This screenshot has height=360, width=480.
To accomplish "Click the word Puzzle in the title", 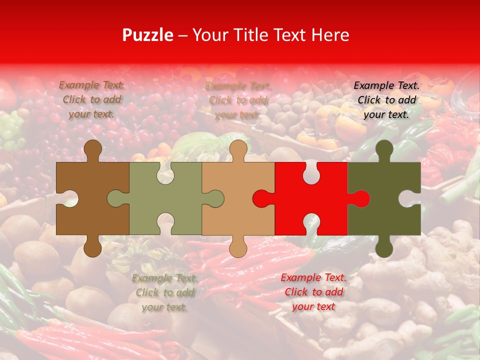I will (x=148, y=35).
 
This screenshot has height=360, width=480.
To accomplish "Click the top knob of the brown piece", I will (x=92, y=148).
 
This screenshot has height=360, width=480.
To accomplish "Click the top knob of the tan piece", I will (x=238, y=148).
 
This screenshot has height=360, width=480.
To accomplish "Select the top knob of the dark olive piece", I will (x=384, y=148).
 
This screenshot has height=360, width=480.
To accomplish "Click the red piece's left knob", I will (x=261, y=198).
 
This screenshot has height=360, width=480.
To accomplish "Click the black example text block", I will (x=386, y=100).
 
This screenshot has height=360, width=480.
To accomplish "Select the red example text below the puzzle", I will (x=313, y=292).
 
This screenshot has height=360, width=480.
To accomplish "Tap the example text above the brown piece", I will (x=91, y=99).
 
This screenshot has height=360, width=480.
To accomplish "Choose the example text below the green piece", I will (x=164, y=293).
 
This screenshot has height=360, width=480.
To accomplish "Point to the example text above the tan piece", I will (x=238, y=100).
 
